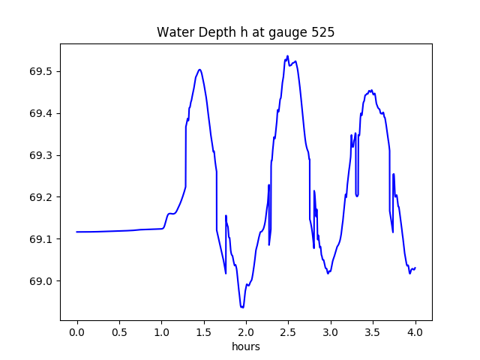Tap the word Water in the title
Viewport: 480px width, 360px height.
[173, 33]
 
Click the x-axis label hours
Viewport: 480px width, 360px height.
[246, 347]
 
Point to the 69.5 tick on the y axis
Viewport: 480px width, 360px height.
[40, 71]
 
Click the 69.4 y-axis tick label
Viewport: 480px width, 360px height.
[40, 113]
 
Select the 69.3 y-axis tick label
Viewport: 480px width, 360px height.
[40, 155]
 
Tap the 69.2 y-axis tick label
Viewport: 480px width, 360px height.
[40, 197]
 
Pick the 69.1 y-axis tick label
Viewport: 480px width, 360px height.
[40, 239]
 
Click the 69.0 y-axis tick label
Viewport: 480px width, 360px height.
[40, 281]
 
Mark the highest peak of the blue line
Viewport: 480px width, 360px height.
[287, 55]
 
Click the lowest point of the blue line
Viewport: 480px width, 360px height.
[242, 307]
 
